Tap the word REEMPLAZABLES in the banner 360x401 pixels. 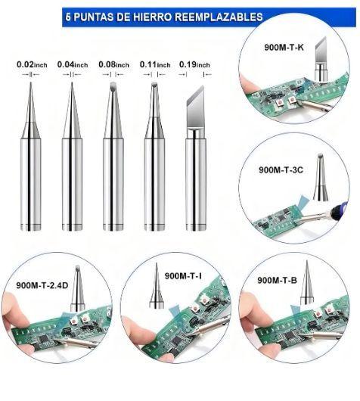tap(219, 17)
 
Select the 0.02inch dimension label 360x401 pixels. tap(32, 65)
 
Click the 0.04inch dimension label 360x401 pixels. tap(73, 65)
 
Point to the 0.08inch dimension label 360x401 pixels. tap(113, 65)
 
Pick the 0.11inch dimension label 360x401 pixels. tap(155, 65)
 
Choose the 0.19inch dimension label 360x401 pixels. tap(194, 65)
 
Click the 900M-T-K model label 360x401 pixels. tap(284, 48)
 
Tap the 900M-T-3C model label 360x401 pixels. tap(281, 169)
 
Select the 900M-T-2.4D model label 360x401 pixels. tap(42, 285)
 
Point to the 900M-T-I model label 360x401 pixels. tap(183, 276)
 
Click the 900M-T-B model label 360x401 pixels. tap(277, 280)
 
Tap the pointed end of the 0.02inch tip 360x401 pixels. tap(31, 82)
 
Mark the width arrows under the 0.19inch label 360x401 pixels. tap(195, 74)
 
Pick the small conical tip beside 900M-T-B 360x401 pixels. tap(307, 283)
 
